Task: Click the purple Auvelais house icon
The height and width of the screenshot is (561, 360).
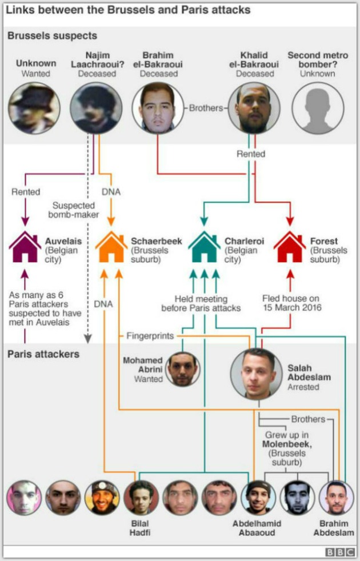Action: click(25, 247)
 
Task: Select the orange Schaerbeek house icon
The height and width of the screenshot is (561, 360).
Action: click(111, 247)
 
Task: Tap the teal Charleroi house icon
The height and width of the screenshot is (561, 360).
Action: click(204, 247)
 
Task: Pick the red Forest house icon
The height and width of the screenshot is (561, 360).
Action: click(290, 247)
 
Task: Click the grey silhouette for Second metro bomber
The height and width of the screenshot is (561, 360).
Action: click(318, 108)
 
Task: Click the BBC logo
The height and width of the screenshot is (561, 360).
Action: click(340, 552)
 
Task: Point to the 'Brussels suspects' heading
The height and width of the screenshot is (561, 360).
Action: click(52, 36)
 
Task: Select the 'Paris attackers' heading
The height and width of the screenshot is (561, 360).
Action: click(43, 354)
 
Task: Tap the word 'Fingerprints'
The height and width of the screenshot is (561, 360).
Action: click(150, 336)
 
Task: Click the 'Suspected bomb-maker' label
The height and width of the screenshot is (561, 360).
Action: click(74, 210)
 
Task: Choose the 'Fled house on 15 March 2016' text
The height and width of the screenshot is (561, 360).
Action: click(292, 303)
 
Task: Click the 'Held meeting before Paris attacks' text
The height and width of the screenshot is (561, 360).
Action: click(201, 303)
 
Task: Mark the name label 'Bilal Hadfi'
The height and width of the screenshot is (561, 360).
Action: click(140, 528)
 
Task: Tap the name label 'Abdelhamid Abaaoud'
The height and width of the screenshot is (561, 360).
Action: click(257, 528)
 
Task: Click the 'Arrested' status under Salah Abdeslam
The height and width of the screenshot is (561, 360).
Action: click(303, 387)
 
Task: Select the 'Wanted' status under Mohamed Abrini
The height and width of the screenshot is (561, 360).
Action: click(149, 379)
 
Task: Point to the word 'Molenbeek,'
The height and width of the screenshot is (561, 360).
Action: click(287, 444)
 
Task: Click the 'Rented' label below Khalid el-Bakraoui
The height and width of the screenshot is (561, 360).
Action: click(251, 154)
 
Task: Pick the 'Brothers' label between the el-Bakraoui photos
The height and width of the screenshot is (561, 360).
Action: click(206, 108)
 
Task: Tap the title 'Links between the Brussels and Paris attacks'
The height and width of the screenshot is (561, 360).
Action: click(128, 10)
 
